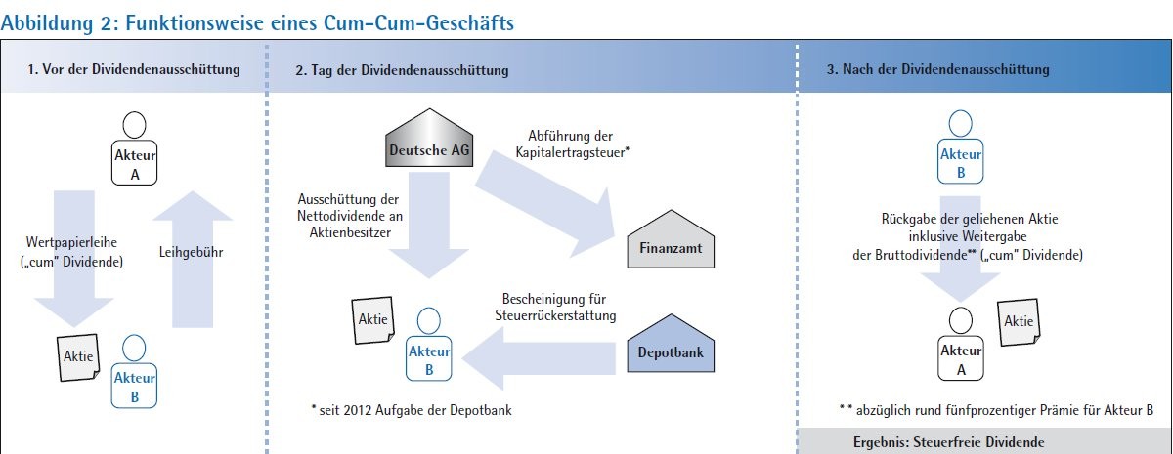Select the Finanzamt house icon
coord(671,239)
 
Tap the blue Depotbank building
coord(671,344)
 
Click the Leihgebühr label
coord(192,252)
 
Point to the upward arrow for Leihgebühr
coord(193,260)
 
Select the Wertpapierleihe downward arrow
coord(74,260)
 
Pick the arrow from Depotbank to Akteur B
coord(539,359)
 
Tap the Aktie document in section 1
coord(78,357)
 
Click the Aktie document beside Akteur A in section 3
coord(1019,322)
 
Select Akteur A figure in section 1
coord(135,148)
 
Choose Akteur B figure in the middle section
coord(429,344)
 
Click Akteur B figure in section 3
coord(960,147)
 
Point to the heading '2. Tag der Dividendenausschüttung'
coord(402,70)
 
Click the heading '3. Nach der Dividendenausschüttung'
coord(937,69)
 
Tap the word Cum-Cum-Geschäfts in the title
coord(419,23)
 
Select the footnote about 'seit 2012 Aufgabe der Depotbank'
coord(412,410)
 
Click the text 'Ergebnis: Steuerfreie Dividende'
coord(949,442)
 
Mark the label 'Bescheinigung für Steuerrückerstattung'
coord(555,307)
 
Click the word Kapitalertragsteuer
coord(573,152)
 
